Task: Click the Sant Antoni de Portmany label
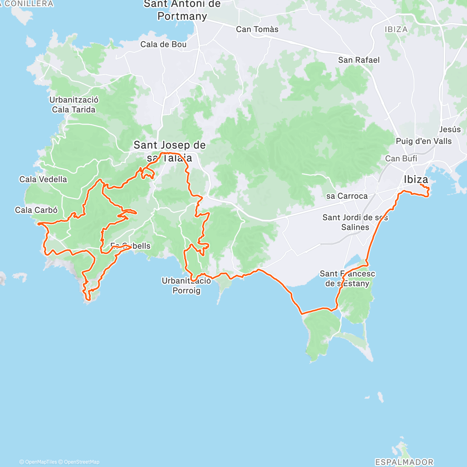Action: click(182, 10)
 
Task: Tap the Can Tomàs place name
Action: click(257, 29)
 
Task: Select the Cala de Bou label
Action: click(163, 44)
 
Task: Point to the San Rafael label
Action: click(359, 60)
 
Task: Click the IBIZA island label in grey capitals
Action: click(396, 30)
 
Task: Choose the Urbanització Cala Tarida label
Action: click(74, 105)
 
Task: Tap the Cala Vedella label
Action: click(43, 179)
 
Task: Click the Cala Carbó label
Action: click(36, 210)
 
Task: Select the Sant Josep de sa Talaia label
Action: click(170, 151)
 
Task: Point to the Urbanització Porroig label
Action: click(186, 286)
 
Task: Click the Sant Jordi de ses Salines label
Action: click(355, 222)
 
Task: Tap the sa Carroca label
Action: click(347, 196)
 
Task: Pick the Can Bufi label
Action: click(401, 158)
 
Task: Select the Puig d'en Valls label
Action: click(424, 141)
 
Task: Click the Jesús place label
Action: click(450, 129)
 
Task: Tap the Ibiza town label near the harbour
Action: click(416, 179)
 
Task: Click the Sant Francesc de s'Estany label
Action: click(348, 279)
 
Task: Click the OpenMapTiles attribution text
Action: click(38, 462)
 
